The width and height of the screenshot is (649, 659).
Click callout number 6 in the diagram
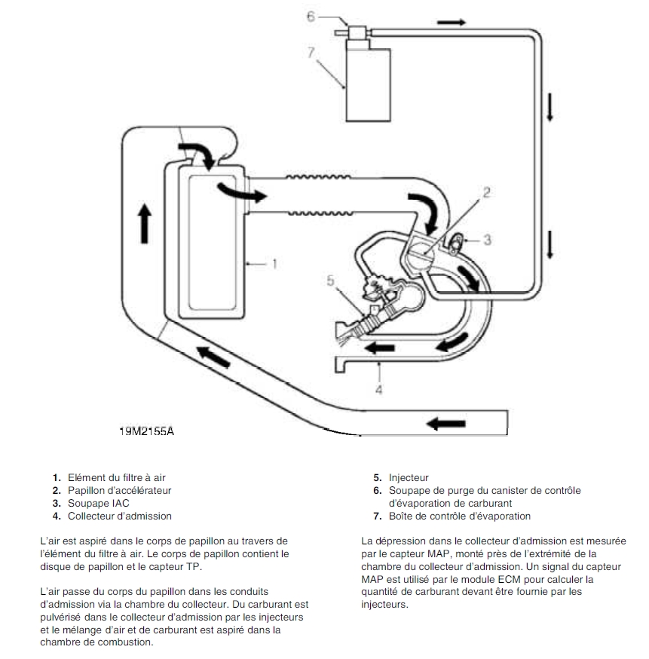(x=310, y=16)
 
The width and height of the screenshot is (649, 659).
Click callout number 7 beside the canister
(x=310, y=51)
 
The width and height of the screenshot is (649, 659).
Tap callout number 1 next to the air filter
(x=275, y=264)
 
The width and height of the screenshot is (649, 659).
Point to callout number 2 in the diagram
(x=486, y=192)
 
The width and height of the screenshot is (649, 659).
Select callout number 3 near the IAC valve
(x=487, y=240)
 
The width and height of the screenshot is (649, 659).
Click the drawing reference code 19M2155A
(x=151, y=432)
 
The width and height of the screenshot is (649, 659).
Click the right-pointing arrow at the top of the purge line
(x=452, y=22)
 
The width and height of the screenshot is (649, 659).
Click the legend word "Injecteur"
(x=409, y=477)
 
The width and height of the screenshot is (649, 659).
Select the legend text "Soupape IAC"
(x=97, y=503)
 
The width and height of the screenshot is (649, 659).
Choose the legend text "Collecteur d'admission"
(x=120, y=516)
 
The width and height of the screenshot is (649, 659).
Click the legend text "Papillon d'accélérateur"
(x=120, y=490)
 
